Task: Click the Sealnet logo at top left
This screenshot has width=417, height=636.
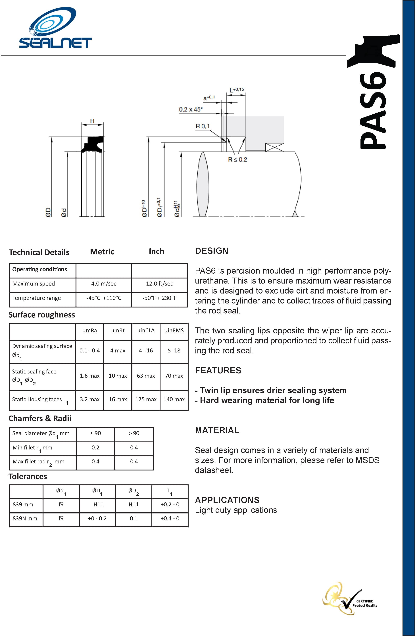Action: tap(55, 28)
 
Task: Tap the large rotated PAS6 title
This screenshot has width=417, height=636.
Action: tap(373, 111)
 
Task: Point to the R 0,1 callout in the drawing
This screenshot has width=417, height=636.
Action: tap(203, 126)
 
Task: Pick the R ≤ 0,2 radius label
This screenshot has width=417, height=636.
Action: tap(238, 160)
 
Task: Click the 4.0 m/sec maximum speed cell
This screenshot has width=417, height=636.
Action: tap(104, 284)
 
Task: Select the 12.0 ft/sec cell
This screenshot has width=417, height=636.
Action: tap(159, 284)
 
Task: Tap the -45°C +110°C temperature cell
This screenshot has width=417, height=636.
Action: tap(104, 298)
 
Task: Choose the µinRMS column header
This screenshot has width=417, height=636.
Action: tap(174, 331)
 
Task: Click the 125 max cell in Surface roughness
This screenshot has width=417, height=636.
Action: tap(146, 399)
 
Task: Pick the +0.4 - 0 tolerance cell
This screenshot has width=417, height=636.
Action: tap(170, 518)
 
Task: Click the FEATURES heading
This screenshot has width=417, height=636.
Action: tap(218, 370)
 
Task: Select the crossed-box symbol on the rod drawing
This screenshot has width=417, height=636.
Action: tap(274, 147)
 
